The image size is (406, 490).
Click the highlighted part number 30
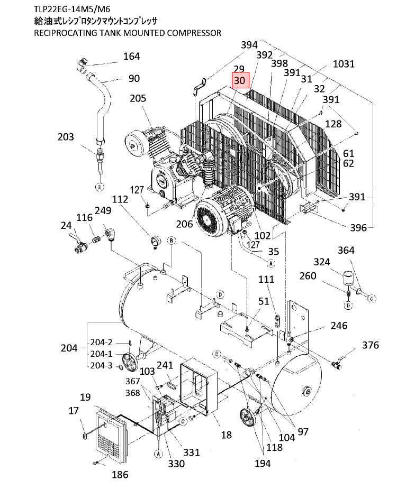pyautogui.click(x=239, y=80)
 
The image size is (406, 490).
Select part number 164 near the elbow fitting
pyautogui.click(x=131, y=57)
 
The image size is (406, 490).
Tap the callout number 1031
pyautogui.click(x=344, y=64)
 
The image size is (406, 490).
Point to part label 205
pyautogui.click(x=138, y=98)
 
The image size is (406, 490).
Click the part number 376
pyautogui.click(x=371, y=345)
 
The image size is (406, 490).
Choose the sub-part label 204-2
pyautogui.click(x=101, y=342)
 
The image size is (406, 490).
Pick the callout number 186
pyautogui.click(x=120, y=475)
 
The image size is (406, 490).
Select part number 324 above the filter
pyautogui.click(x=322, y=262)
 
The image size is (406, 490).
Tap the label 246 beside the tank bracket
pyautogui.click(x=339, y=326)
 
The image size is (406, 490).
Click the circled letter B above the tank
pyautogui.click(x=171, y=241)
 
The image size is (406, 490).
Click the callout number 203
pyautogui.click(x=66, y=137)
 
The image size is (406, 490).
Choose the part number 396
pyautogui.click(x=358, y=228)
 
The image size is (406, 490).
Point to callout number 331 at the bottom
pyautogui.click(x=192, y=452)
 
